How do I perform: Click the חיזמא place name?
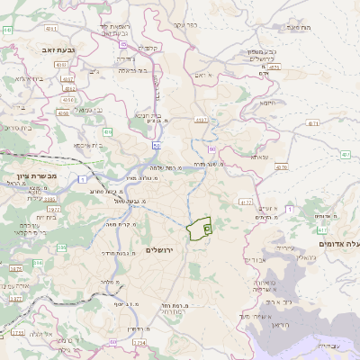click(x=267, y=103)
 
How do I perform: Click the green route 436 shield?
click(x=107, y=132)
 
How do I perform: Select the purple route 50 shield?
click(x=157, y=145)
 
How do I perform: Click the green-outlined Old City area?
click(x=199, y=229)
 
